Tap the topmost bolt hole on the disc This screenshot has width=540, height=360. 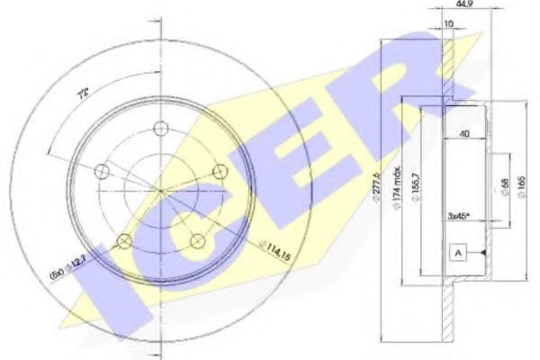tap(160, 128)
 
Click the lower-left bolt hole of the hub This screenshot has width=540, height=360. tap(125, 238)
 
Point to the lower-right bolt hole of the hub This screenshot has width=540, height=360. tap(196, 238)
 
